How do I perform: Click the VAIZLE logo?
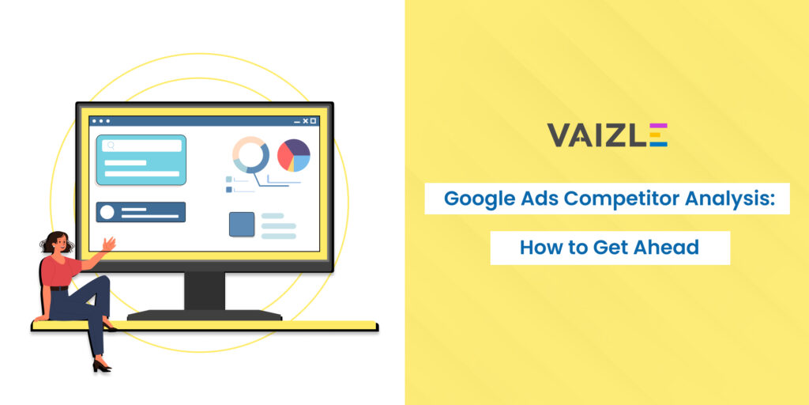coord(607,134)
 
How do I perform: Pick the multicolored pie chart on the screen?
coord(294,155)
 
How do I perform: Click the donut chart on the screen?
coord(250,154)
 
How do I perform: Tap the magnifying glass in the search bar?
coord(111,146)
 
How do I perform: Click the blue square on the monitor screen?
coord(242,225)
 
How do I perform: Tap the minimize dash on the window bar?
coord(297,122)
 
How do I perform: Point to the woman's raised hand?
coord(109,244)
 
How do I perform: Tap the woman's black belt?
coord(59,287)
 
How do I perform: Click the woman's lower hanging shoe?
coord(101,366)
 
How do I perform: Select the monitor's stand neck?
coord(204,290)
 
